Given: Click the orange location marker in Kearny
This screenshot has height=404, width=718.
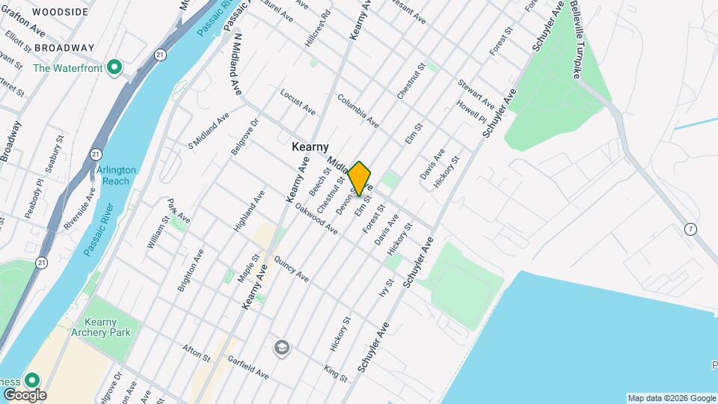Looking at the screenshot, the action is pyautogui.click(x=360, y=178).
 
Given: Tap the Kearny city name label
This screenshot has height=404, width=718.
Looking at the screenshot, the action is pyautogui.click(x=310, y=148).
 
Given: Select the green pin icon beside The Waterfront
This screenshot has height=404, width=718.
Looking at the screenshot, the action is pyautogui.click(x=114, y=68).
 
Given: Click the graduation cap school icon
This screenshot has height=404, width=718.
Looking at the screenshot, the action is pyautogui.click(x=282, y=347).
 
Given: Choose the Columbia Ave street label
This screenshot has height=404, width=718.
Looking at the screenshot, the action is pyautogui.click(x=358, y=110).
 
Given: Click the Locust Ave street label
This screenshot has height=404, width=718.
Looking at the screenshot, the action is pyautogui.click(x=298, y=102).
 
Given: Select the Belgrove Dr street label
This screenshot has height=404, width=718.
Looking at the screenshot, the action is pyautogui.click(x=245, y=135).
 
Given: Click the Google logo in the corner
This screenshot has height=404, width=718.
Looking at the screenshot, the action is pyautogui.click(x=24, y=394).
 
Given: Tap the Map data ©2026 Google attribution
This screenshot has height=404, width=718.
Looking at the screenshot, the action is pyautogui.click(x=671, y=398).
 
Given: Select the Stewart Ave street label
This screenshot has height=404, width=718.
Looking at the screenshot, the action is pyautogui.click(x=476, y=93).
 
